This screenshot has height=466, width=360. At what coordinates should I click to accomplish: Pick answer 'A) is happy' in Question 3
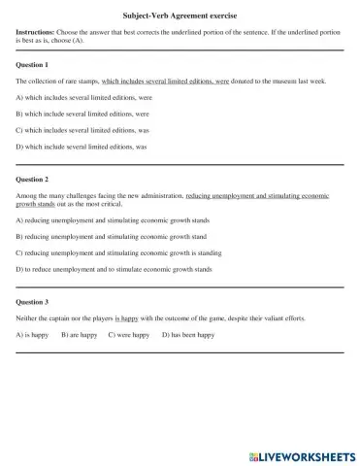point(34,335)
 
